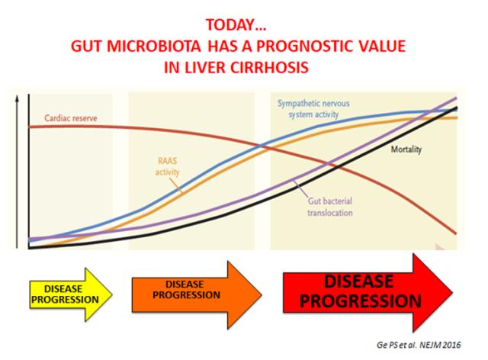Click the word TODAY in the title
(230, 25)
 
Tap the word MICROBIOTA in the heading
(154, 47)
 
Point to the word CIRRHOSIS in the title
(269, 67)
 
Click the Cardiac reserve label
(71, 118)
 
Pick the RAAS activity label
(168, 166)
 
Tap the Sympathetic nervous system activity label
(313, 108)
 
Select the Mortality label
(406, 149)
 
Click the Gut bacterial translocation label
(330, 207)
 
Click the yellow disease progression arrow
(71, 294)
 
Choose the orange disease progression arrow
(197, 295)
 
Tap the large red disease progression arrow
(368, 292)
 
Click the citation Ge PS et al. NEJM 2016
(419, 345)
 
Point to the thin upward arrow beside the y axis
(18, 172)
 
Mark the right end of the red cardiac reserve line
(456, 233)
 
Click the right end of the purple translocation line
(456, 98)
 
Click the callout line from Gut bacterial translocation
(300, 188)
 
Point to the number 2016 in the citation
(452, 345)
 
